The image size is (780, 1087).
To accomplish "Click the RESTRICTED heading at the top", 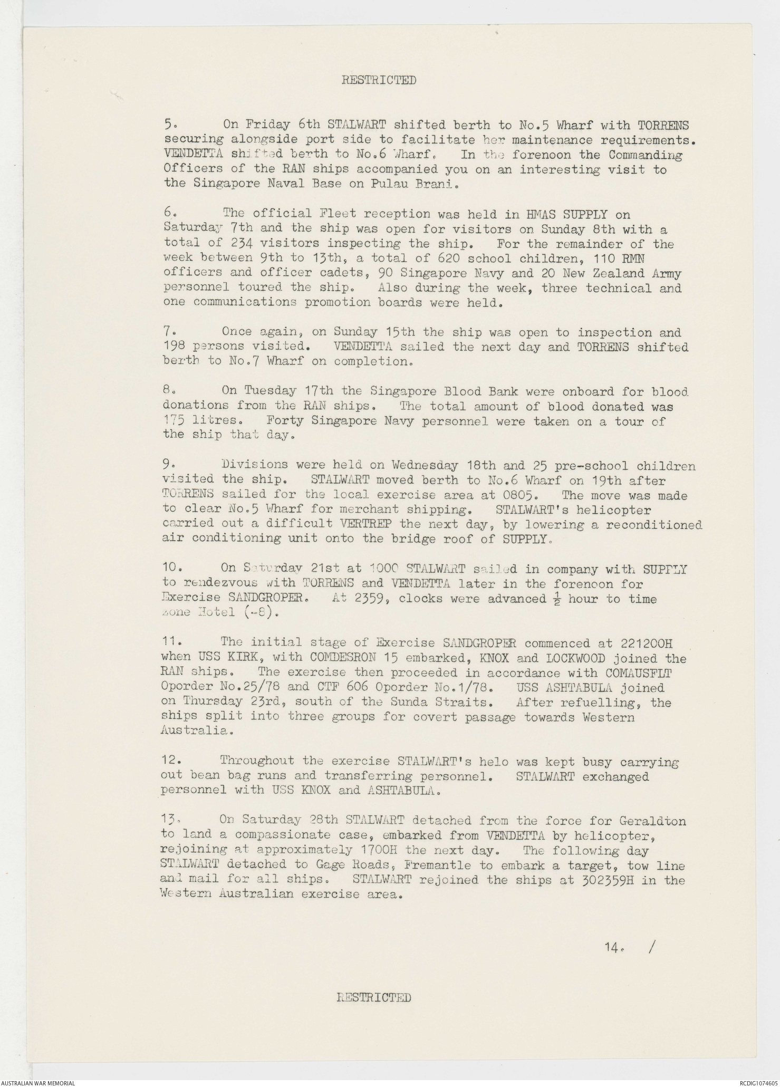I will pos(379,80).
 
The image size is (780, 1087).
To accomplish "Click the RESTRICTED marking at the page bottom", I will pos(374,997).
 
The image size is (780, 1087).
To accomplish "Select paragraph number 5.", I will pos(170,125).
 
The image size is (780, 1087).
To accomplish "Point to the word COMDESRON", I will pos(341,658).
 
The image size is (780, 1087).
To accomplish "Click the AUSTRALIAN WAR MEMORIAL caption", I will pos(38,1082).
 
